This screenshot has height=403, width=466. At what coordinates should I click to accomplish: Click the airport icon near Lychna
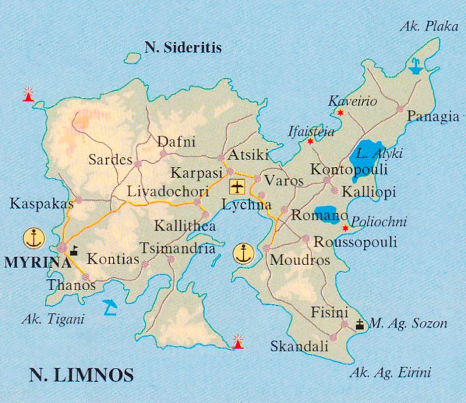237,186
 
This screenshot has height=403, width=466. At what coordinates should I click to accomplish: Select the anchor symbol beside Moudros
243,253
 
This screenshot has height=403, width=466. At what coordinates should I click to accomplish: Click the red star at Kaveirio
340,113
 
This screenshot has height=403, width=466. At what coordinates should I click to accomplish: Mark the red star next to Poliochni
345,228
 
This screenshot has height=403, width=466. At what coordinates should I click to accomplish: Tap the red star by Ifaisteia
311,141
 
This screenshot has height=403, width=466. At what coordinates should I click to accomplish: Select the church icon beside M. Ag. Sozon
360,324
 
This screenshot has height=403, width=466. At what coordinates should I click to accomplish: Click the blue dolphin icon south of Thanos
110,306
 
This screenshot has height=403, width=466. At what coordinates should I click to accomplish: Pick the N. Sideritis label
183,47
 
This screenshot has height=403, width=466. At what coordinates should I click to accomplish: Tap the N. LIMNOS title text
81,375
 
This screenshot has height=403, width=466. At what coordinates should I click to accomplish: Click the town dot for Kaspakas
78,200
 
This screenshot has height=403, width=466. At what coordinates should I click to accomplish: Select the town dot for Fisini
345,325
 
